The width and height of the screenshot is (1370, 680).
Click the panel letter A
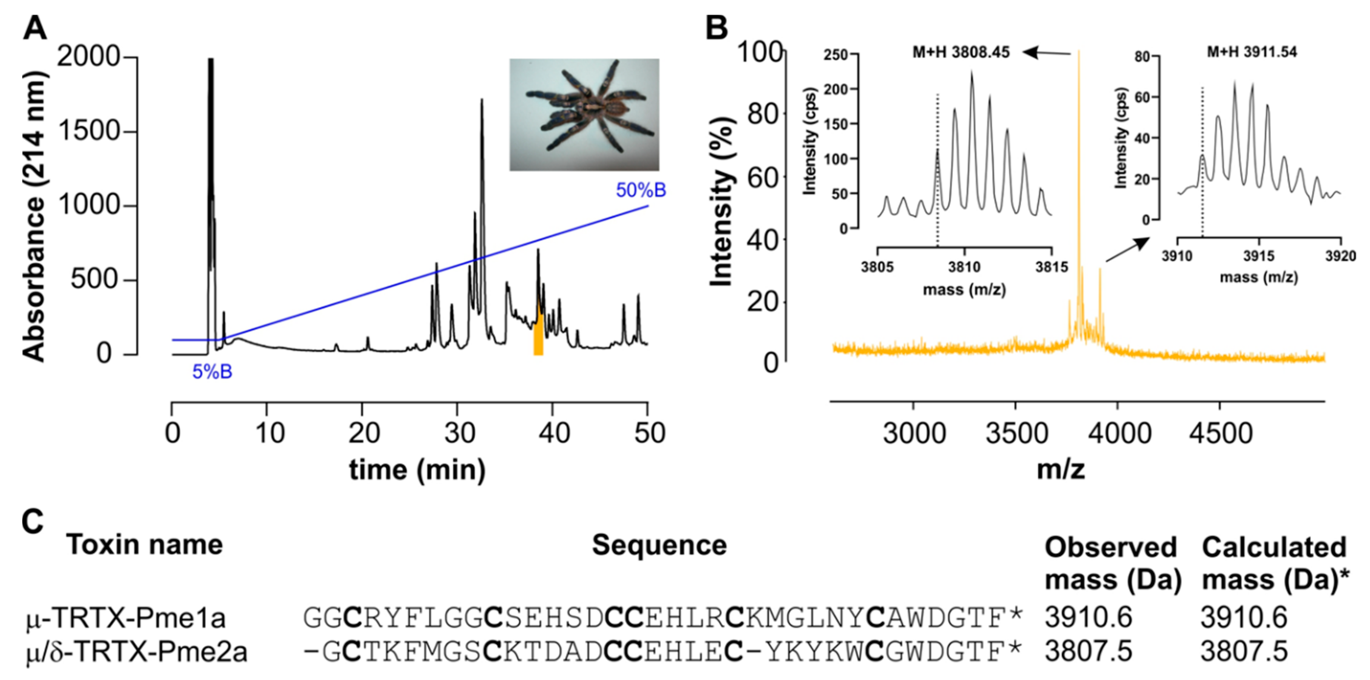[x=34, y=28]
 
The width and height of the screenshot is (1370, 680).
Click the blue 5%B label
[x=212, y=371]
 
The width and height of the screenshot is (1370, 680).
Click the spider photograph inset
[x=584, y=114]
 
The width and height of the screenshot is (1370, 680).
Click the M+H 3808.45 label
[x=961, y=52]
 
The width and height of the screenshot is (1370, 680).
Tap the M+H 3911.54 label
[x=1251, y=52]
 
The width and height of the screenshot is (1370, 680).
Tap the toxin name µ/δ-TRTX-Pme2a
[x=137, y=652]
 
